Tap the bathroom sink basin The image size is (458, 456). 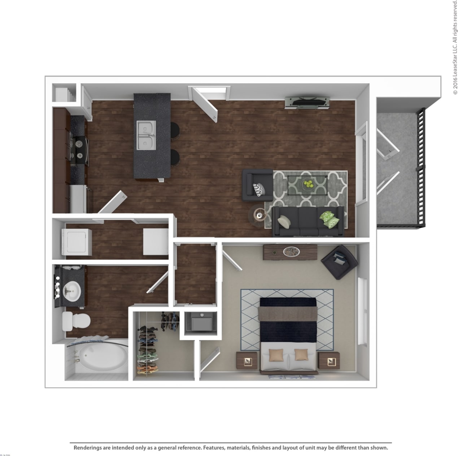click(72, 291)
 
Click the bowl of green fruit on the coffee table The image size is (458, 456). click(307, 184)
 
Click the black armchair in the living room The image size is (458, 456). click(257, 185)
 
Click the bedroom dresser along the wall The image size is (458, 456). click(290, 252)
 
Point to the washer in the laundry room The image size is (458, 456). click(79, 241)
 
